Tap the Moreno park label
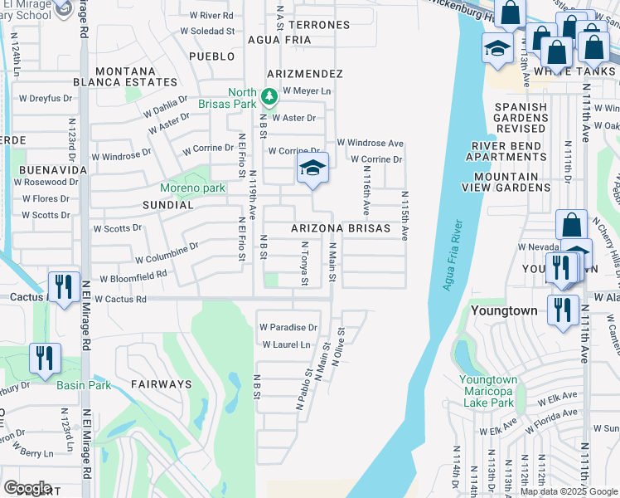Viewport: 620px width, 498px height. [x=193, y=188]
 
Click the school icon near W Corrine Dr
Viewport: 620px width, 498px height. [x=313, y=169]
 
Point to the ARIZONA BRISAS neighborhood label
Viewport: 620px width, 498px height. [x=340, y=228]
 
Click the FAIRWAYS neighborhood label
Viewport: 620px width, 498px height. [x=161, y=384]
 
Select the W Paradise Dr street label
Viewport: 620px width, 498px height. [x=288, y=327]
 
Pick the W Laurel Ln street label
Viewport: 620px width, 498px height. [x=286, y=344]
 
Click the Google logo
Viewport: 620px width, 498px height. [x=28, y=488]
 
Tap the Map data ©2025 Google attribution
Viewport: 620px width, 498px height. [x=568, y=491]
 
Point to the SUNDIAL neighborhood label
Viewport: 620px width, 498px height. [x=168, y=204]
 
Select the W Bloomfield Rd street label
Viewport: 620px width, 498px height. [x=133, y=277]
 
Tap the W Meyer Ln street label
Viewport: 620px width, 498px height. [x=307, y=90]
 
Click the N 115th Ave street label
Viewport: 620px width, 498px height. [x=405, y=217]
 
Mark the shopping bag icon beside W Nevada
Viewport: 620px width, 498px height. [x=572, y=225]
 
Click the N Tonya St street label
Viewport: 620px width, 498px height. [x=305, y=264]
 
